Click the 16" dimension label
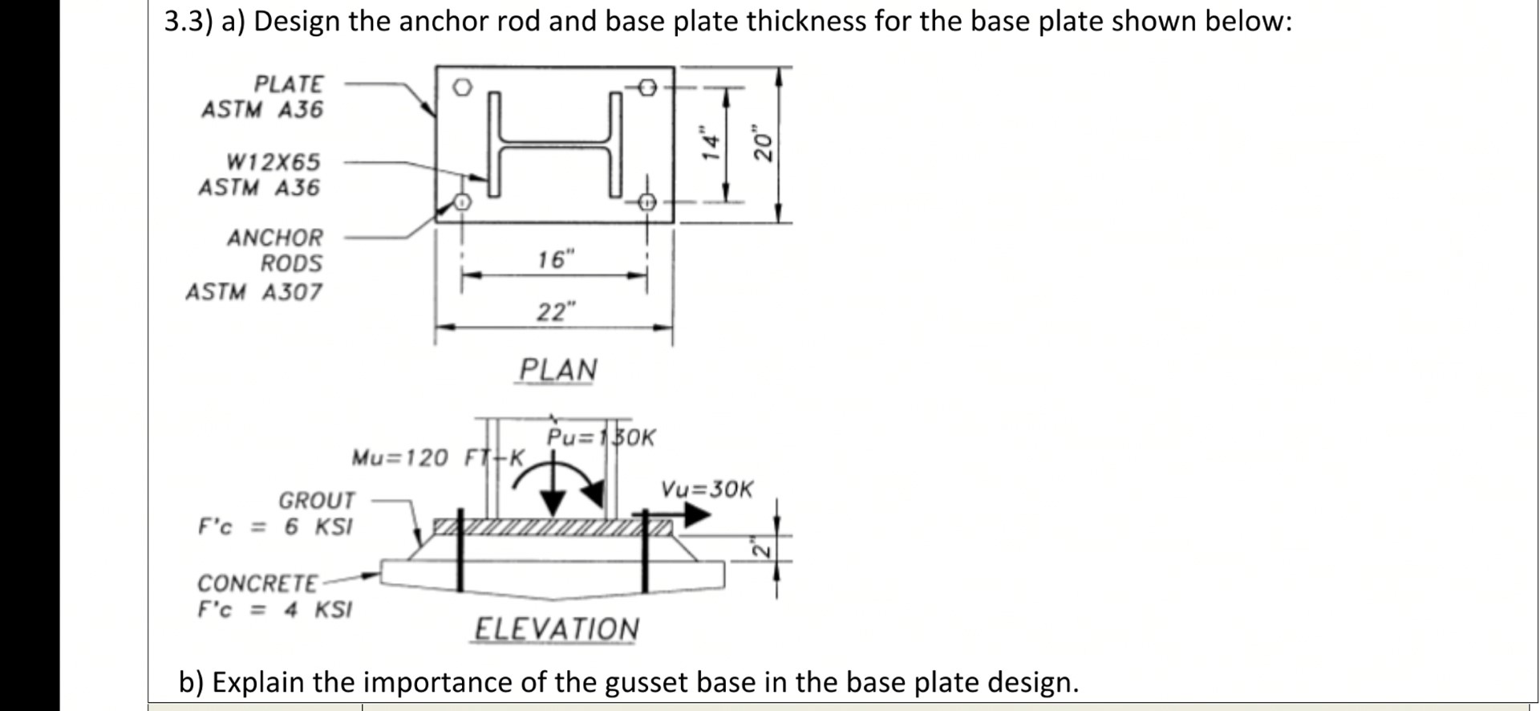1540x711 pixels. pos(556,259)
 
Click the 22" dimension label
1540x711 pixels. pos(556,311)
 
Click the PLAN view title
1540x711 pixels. pos(557,370)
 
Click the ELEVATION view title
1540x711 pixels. pos(557,628)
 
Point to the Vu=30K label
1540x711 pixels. pos(707,489)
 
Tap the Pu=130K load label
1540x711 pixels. pos(601,437)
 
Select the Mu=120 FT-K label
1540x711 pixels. pos(438,458)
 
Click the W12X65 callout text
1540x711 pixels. pos(273,162)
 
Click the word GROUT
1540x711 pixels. pos(316,500)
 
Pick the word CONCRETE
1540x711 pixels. pos(257,583)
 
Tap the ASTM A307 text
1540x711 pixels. pos(253,292)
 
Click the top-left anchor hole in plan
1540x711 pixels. pos(460,87)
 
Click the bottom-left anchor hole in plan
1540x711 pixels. pos(461,202)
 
